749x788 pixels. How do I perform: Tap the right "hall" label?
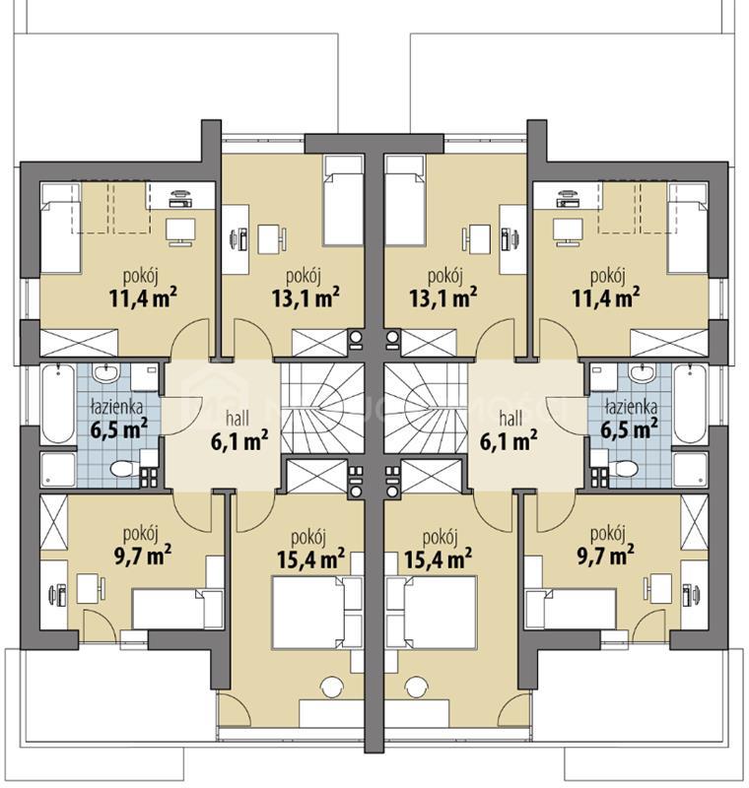click(x=511, y=418)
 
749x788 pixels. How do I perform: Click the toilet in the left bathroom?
click(x=122, y=469)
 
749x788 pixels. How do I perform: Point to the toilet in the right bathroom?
click(x=626, y=469)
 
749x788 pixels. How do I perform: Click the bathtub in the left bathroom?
click(x=58, y=404)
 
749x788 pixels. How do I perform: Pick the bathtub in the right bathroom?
click(x=690, y=404)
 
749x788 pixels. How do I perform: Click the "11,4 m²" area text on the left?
click(x=143, y=298)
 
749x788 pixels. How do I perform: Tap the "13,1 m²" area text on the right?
click(x=443, y=298)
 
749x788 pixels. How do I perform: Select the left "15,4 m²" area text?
click(x=310, y=558)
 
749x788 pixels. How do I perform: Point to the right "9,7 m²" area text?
click(x=605, y=557)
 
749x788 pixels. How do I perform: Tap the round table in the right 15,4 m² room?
click(x=416, y=687)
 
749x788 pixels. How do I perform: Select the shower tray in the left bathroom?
click(x=58, y=470)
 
